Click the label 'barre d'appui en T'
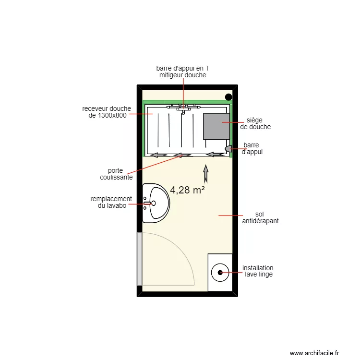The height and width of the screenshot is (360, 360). pyautogui.click(x=182, y=68)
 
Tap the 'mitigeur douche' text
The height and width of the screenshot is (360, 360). pyautogui.click(x=182, y=75)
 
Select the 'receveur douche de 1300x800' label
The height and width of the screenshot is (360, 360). pyautogui.click(x=106, y=112)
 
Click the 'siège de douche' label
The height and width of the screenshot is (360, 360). pyautogui.click(x=255, y=123)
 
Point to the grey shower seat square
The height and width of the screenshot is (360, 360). pyautogui.click(x=216, y=126)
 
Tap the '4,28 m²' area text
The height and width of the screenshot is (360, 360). pyautogui.click(x=188, y=190)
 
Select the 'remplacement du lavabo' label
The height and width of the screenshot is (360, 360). pyautogui.click(x=111, y=202)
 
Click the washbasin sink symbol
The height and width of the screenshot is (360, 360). pyautogui.click(x=156, y=203)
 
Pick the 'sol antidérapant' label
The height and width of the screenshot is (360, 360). pyautogui.click(x=261, y=218)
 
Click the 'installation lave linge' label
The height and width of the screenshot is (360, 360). pyautogui.click(x=258, y=271)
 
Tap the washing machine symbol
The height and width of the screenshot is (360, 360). pyautogui.click(x=220, y=272)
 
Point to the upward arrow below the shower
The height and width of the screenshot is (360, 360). pyautogui.click(x=206, y=174)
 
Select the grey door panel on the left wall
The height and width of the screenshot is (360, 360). pyautogui.click(x=139, y=259)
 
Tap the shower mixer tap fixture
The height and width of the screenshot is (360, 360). pyautogui.click(x=182, y=108)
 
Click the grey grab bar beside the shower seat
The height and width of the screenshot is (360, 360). pyautogui.click(x=228, y=149)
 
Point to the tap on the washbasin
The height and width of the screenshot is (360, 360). pyautogui.click(x=147, y=204)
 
